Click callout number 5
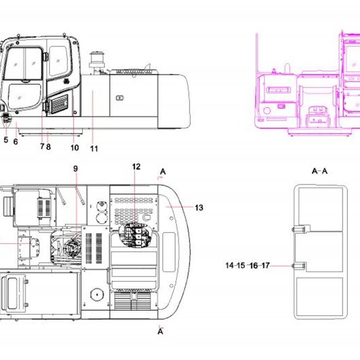pyautogui.click(x=6, y=140)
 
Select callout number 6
pyautogui.click(x=15, y=142)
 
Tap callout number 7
pyautogui.click(x=42, y=146)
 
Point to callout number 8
pyautogui.click(x=48, y=147)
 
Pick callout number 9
pyautogui.click(x=75, y=169)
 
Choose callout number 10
pyautogui.click(x=75, y=148)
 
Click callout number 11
pyautogui.click(x=94, y=148)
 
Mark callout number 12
pyautogui.click(x=136, y=167)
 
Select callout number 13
pyautogui.click(x=199, y=208)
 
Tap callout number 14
pyautogui.click(x=230, y=265)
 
